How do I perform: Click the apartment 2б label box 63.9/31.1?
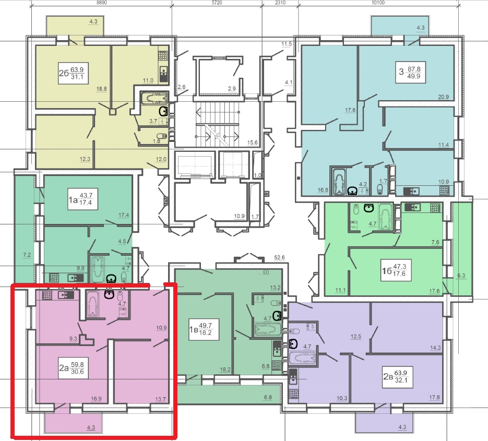[73, 74]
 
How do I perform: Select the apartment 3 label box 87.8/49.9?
[411, 73]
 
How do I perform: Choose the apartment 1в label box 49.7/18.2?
[204, 329]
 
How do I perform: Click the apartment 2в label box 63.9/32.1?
[398, 377]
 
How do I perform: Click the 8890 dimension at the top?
[101, 3]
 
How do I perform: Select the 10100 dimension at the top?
[378, 3]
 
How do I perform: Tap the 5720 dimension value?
[217, 3]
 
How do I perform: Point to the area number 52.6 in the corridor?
[279, 257]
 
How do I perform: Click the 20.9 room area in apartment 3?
[444, 97]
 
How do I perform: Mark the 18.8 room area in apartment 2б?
[101, 89]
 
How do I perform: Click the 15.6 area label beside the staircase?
[253, 142]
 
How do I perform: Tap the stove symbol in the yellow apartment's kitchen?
[163, 55]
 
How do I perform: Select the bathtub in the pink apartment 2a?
[92, 304]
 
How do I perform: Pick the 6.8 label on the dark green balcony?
[268, 397]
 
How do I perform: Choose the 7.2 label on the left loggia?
[27, 255]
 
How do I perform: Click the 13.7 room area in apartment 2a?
[161, 399]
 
